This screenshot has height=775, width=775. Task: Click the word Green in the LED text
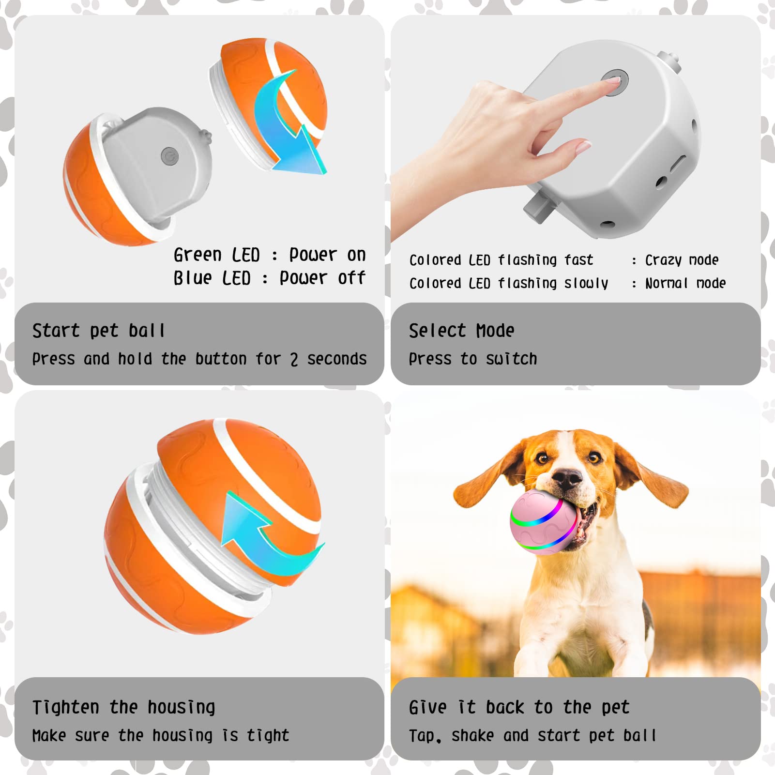[x=198, y=255]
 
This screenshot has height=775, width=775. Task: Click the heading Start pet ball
[x=99, y=331]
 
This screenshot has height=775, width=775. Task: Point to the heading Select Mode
[x=461, y=331]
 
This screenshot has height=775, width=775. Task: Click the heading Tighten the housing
[x=123, y=707]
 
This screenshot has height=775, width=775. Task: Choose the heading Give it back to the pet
[x=519, y=707]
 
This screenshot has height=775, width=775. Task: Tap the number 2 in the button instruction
[x=294, y=359]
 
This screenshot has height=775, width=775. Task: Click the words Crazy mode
[x=682, y=260]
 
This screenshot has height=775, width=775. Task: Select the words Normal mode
[x=685, y=283]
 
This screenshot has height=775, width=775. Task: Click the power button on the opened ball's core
[x=169, y=156]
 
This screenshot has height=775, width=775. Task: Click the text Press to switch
[x=472, y=359]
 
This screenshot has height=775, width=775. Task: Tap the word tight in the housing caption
[x=268, y=736]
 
